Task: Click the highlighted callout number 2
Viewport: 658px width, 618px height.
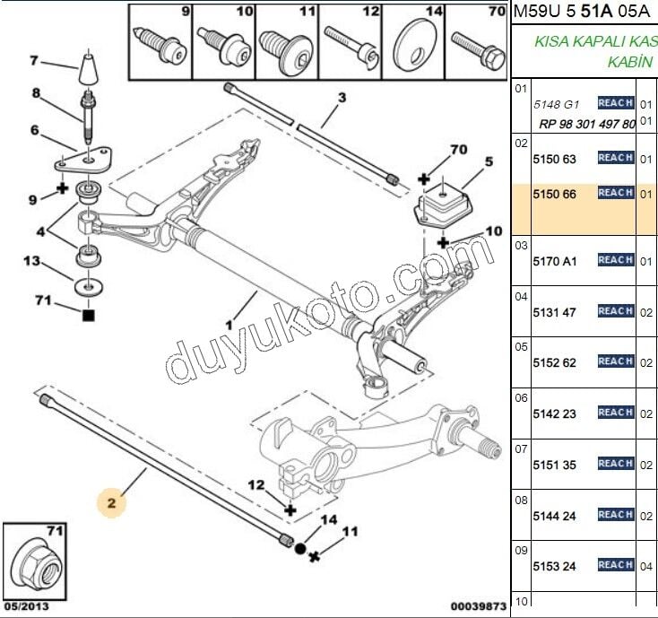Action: click(x=112, y=504)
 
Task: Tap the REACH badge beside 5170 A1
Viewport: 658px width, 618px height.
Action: click(x=616, y=260)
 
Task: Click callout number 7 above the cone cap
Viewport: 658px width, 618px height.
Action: click(x=34, y=61)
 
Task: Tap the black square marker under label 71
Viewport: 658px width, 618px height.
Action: click(x=87, y=315)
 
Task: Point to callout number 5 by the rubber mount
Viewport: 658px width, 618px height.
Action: click(x=489, y=162)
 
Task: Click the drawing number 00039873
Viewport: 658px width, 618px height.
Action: click(x=477, y=607)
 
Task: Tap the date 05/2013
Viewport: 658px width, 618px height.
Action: click(x=25, y=607)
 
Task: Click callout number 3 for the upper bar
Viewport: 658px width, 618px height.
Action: click(x=342, y=98)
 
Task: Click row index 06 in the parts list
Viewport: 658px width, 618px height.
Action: click(x=521, y=396)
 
